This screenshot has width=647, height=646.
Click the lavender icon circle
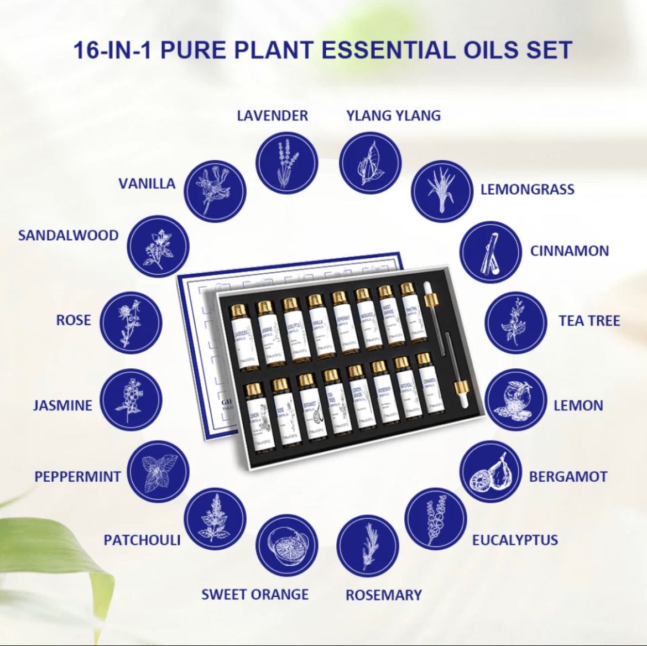[287, 163]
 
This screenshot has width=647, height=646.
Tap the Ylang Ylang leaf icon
[370, 164]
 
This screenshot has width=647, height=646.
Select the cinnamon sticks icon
[491, 252]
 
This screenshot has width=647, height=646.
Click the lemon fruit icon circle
[516, 399]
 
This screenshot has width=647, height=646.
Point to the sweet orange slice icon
[287, 545]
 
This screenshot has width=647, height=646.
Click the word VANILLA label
[147, 184]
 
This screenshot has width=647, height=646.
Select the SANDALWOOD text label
[69, 235]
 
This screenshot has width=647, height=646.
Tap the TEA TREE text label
[589, 321]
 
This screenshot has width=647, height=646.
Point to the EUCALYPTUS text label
[515, 540]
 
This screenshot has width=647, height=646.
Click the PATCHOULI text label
[142, 540]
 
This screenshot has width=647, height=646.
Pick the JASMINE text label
[62, 405]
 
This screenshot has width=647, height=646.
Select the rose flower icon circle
[132, 322]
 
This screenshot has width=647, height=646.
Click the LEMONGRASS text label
[527, 189]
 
